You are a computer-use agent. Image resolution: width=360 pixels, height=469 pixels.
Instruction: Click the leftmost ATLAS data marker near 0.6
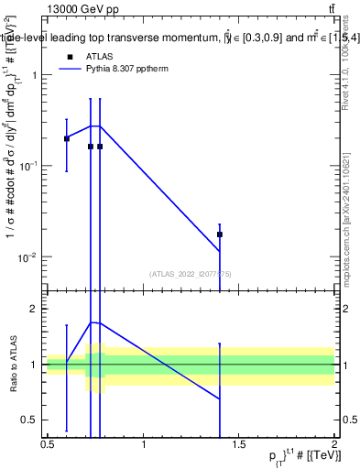point(66,138)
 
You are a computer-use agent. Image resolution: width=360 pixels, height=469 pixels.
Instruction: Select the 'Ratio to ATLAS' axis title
point(12,365)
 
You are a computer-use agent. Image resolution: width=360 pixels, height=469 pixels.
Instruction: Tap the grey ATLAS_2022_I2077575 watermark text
point(191,273)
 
